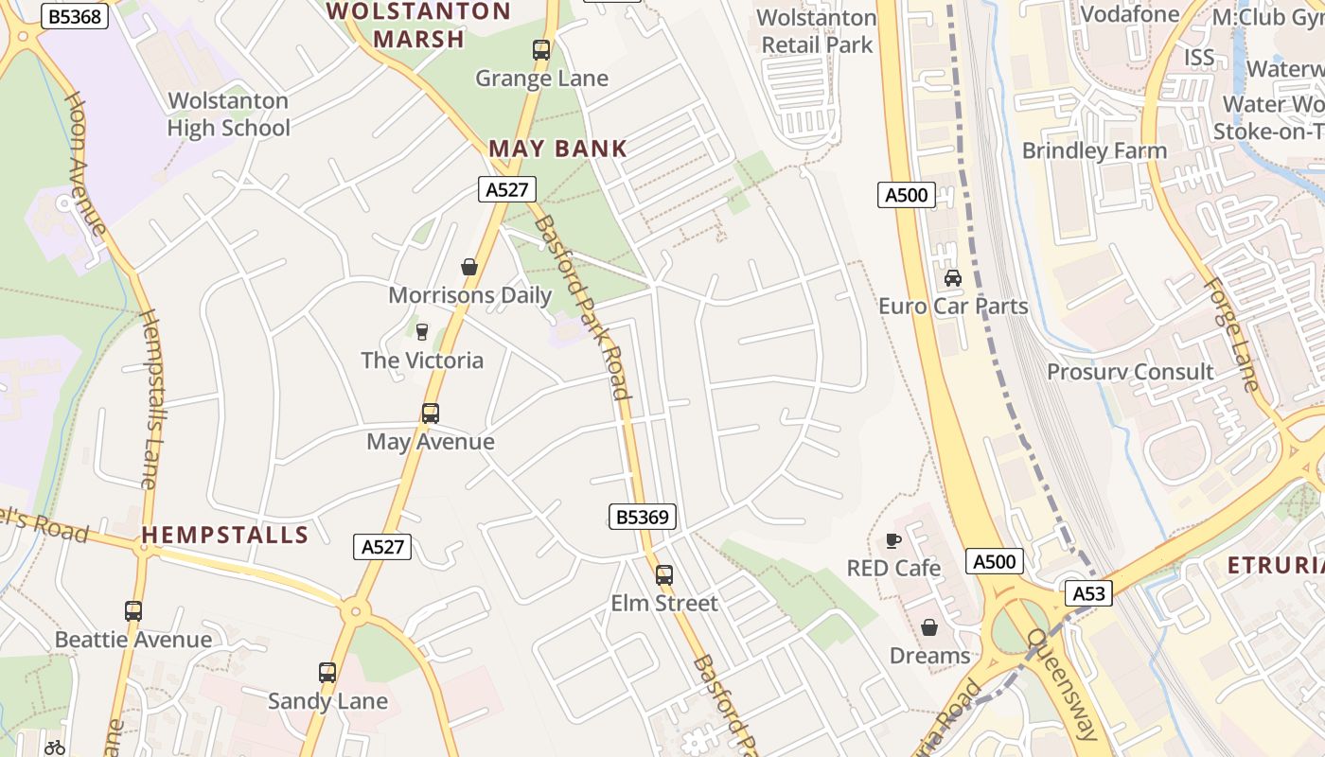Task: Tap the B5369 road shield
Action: click(x=642, y=517)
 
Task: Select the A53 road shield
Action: click(x=1088, y=593)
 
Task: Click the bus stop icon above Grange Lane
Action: click(x=541, y=50)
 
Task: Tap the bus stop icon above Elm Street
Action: click(x=664, y=574)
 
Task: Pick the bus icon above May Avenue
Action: click(x=431, y=414)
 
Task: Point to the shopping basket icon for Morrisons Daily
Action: click(x=469, y=267)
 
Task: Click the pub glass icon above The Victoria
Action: click(x=422, y=331)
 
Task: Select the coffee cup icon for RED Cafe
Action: click(x=892, y=540)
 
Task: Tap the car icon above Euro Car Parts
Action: click(x=953, y=278)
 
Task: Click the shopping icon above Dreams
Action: click(x=929, y=627)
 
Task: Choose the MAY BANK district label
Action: click(x=557, y=149)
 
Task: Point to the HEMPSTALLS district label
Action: click(x=225, y=535)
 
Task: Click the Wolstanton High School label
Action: click(x=228, y=114)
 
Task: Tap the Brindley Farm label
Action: click(x=1094, y=151)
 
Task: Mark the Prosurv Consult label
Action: click(x=1129, y=372)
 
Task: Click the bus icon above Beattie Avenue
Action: click(x=133, y=611)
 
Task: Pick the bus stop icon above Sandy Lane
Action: click(x=327, y=673)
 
